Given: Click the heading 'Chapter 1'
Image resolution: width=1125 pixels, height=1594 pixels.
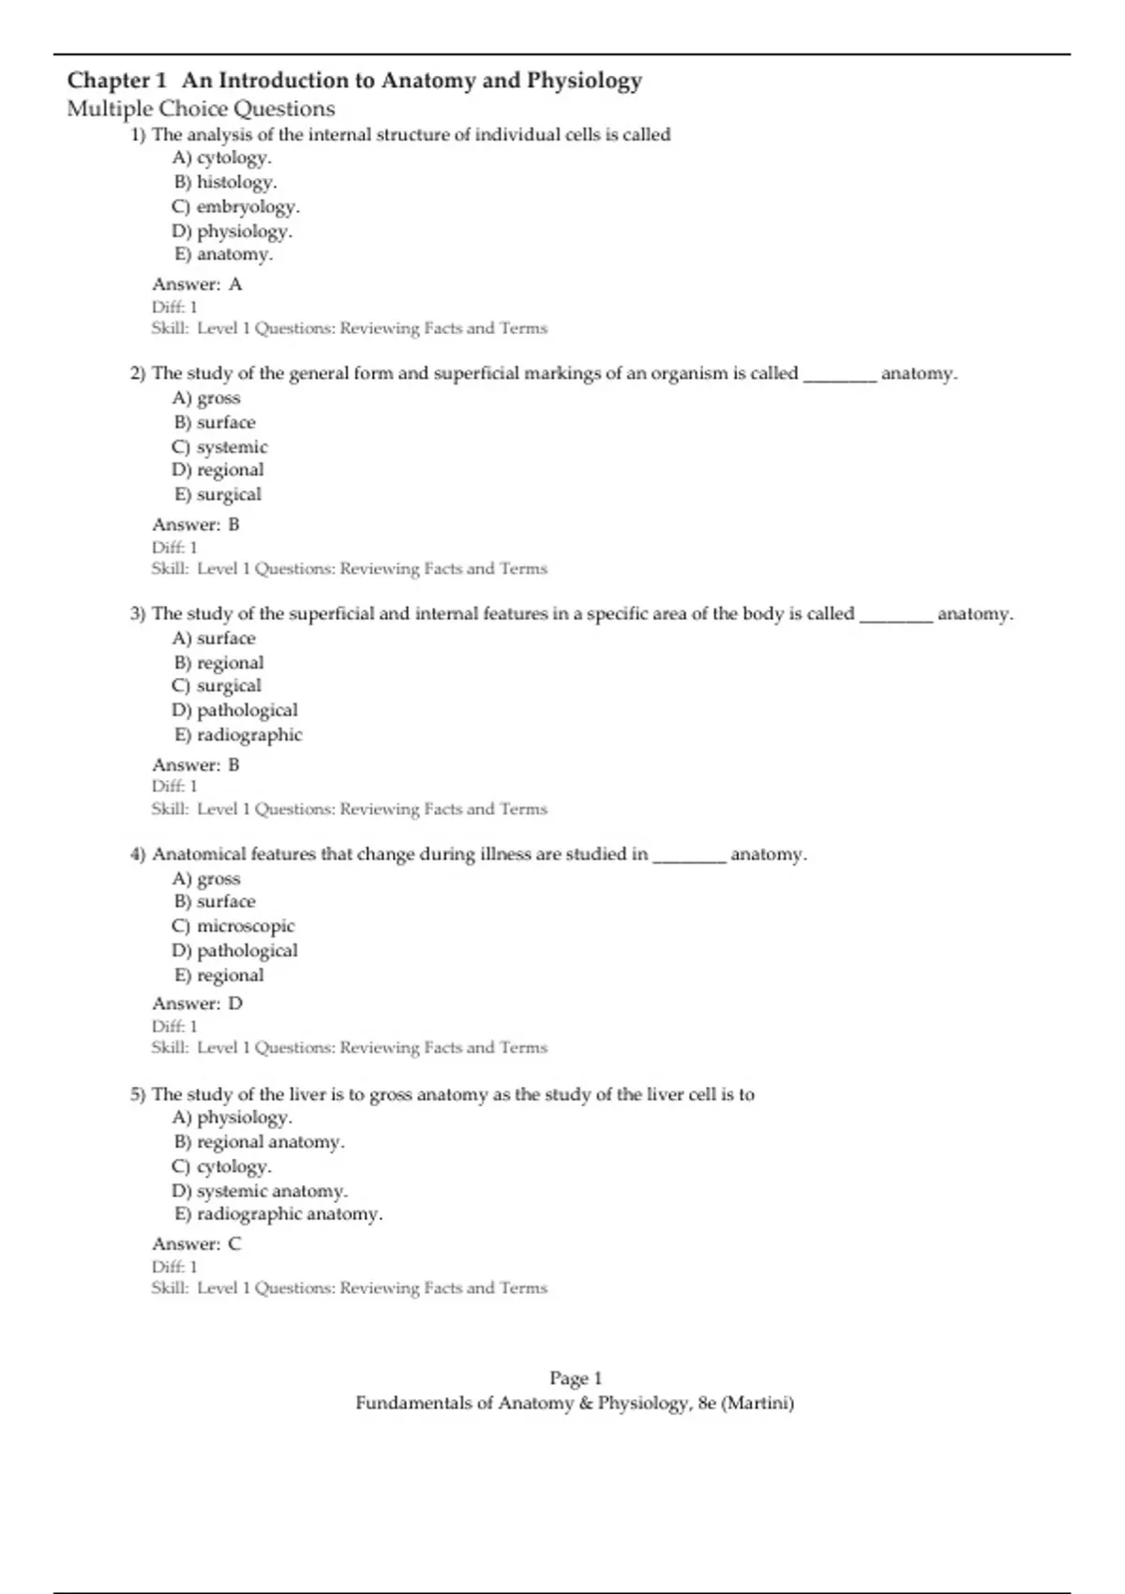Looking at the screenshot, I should [116, 81].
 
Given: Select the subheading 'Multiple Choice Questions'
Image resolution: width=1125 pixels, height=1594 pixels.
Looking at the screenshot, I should [201, 109].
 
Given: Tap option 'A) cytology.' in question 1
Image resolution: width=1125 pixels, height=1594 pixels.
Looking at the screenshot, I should [222, 158].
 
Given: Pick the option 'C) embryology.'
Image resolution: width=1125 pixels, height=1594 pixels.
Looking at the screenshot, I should [235, 206].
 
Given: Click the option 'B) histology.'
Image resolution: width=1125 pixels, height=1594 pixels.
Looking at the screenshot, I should [225, 182].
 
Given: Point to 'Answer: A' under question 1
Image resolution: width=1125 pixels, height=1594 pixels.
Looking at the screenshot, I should [197, 284].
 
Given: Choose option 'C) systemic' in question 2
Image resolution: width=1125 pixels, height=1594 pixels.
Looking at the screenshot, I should [219, 447].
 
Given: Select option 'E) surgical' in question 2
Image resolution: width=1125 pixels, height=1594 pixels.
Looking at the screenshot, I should [217, 494].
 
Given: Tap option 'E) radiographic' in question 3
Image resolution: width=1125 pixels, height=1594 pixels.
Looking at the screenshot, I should [238, 734].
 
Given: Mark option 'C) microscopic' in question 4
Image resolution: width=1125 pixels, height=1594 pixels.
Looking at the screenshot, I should [233, 925].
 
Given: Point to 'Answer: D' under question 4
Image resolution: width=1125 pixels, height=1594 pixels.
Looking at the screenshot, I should [197, 1003].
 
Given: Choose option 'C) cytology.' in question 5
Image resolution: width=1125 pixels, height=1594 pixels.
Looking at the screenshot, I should [222, 1166].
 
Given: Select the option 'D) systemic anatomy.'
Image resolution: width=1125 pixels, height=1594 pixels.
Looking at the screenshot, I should [260, 1191].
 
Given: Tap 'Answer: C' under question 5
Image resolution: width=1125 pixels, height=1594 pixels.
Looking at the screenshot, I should [197, 1244].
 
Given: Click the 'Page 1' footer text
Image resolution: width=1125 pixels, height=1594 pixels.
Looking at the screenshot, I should [576, 1378].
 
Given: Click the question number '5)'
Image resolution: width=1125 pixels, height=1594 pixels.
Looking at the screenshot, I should [138, 1094].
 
